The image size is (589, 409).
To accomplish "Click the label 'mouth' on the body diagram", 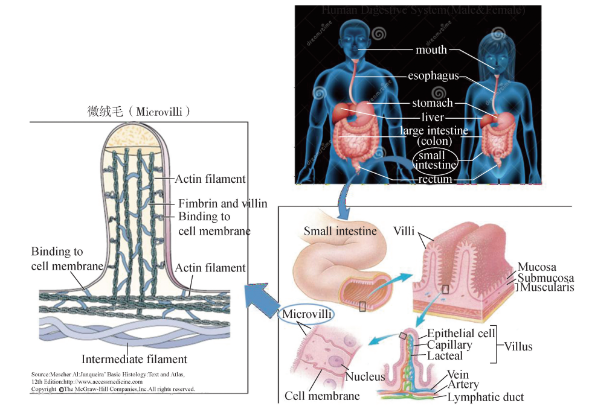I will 431,49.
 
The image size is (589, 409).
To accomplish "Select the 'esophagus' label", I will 433,76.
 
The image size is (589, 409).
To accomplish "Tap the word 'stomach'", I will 432,103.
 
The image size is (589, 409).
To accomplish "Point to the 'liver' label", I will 433,117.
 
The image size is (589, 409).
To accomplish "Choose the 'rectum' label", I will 435,179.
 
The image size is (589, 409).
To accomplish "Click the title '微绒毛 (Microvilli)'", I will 139,112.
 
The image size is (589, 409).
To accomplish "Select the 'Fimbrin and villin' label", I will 222,204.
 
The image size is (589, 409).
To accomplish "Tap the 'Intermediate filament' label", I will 134,360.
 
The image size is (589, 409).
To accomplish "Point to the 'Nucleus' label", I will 365,377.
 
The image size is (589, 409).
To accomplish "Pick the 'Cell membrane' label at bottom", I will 322,396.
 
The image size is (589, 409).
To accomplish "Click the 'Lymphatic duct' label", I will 486,397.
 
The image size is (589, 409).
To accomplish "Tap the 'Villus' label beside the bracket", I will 518,346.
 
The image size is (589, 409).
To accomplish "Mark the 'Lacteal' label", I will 446,356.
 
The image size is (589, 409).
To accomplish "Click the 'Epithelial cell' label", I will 460,333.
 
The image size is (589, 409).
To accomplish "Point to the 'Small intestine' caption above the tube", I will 340,230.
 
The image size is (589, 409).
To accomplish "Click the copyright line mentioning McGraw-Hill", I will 113,389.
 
